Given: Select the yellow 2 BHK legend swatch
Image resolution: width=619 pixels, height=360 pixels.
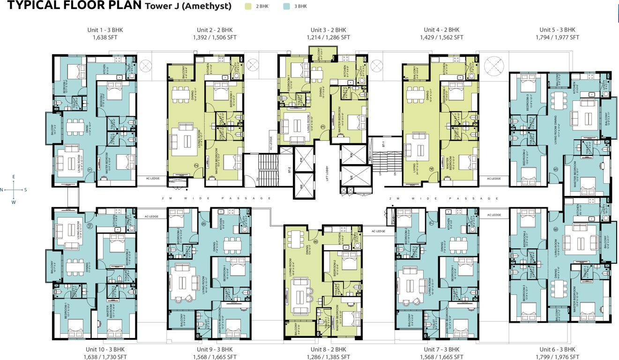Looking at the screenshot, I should click(248, 7).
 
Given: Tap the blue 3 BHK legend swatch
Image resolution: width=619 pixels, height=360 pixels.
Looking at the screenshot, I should click(287, 7).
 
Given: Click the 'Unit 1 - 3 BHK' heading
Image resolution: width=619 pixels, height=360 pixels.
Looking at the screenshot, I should click(105, 30).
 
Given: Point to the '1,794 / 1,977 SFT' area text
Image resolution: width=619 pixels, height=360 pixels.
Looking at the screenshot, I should click(559, 37).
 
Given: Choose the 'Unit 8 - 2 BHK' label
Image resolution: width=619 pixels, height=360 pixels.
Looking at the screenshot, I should click(328, 350).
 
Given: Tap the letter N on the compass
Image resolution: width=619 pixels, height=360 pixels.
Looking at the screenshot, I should click(2, 190).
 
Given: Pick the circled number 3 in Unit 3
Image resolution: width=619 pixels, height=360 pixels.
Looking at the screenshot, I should click(322, 127).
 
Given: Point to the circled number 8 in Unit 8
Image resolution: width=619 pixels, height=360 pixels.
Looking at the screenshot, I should click(316, 242).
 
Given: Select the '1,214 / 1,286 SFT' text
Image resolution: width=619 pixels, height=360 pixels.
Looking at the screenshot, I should click(328, 37).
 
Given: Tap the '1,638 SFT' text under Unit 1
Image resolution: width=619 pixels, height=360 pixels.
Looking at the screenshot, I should click(105, 37).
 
